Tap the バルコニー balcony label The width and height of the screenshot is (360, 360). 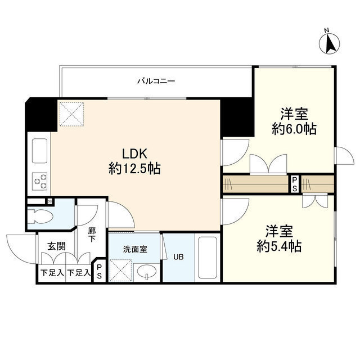(156, 81)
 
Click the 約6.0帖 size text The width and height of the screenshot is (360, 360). (294, 129)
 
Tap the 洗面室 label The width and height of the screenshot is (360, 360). (135, 247)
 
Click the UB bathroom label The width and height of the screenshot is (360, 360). (177, 258)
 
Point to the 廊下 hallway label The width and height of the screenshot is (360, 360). (92, 234)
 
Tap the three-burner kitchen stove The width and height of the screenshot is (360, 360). (39, 180)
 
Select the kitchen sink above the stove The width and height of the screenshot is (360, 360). (40, 150)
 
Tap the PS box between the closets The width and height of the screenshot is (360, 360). (294, 184)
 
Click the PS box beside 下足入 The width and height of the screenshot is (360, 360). (99, 273)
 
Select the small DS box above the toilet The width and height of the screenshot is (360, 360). (49, 201)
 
